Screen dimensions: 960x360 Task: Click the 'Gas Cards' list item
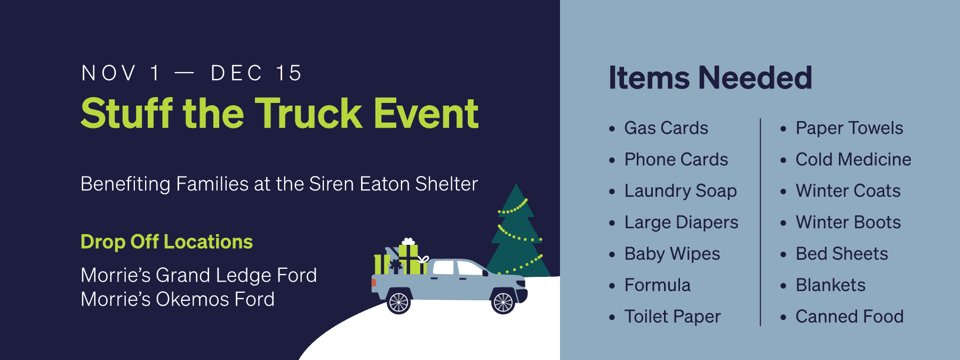click(666, 128)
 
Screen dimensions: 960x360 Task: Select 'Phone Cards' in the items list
click(676, 159)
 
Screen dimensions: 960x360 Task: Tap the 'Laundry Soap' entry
click(681, 191)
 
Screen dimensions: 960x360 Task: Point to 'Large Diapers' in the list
click(682, 222)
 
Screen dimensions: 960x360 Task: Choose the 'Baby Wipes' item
click(672, 254)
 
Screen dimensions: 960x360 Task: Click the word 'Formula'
click(658, 285)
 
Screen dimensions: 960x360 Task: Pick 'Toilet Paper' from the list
click(673, 317)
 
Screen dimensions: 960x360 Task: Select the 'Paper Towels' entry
click(850, 128)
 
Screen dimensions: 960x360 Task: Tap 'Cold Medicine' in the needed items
click(853, 159)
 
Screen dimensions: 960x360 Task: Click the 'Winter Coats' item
click(848, 191)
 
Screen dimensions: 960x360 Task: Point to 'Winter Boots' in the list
click(848, 222)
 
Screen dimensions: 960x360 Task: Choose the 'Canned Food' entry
click(850, 317)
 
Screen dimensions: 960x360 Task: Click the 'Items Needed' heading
click(710, 78)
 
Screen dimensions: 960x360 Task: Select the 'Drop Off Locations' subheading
click(166, 242)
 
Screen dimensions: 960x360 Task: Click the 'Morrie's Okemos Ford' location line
click(178, 299)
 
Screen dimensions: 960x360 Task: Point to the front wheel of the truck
click(503, 302)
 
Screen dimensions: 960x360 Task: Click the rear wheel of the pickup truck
click(398, 302)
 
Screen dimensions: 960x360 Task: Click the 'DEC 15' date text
click(257, 73)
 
